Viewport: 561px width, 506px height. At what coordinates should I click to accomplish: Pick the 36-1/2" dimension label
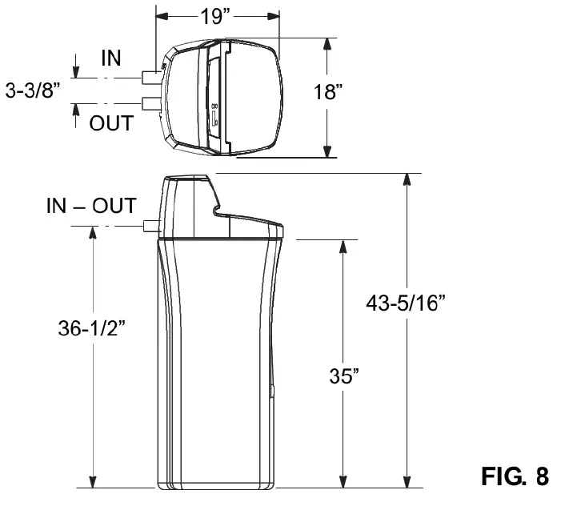coord(93,329)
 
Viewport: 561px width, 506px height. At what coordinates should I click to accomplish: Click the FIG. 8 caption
coord(515,476)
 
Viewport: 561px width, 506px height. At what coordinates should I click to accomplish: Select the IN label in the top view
coord(113,58)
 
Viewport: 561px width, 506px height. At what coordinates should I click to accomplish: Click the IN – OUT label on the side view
coord(90,205)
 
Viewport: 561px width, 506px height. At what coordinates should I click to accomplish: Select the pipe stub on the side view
coord(150,225)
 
